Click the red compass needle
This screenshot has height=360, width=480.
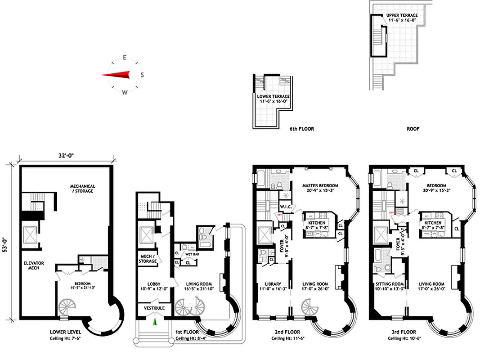116,75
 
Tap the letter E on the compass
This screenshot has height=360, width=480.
125,58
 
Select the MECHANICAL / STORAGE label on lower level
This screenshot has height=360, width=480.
82,188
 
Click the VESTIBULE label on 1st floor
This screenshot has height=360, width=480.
154,308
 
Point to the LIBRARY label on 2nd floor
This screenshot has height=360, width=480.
268,283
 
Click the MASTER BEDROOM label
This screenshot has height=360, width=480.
320,185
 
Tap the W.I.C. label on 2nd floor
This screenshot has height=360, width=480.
286,207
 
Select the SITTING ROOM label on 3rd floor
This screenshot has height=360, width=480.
390,283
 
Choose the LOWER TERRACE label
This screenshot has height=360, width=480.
274,96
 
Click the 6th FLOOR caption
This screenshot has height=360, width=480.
301,129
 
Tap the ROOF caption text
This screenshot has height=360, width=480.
413,129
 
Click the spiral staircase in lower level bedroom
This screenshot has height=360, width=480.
68,309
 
